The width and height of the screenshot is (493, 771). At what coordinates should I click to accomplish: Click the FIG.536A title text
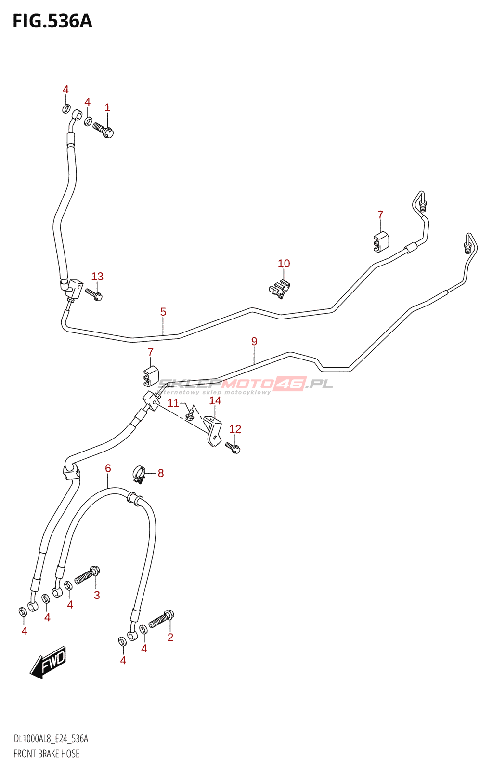(x=52, y=21)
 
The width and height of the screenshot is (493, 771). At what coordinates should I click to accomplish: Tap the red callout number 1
(x=107, y=108)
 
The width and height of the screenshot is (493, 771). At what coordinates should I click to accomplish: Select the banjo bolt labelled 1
(x=103, y=130)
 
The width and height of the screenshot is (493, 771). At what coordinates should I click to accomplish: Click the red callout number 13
(x=97, y=277)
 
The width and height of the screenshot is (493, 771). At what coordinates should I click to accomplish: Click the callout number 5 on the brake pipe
(x=163, y=312)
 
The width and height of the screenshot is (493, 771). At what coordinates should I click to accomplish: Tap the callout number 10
(x=284, y=264)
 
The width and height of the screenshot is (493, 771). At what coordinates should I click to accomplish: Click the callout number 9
(x=254, y=341)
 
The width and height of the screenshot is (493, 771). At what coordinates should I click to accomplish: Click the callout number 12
(x=235, y=429)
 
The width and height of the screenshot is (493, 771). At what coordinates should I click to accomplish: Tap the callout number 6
(x=108, y=468)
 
